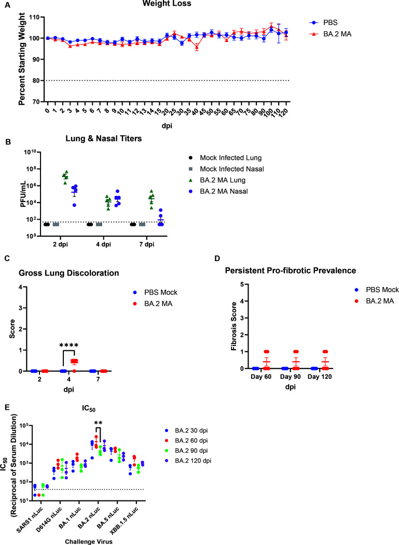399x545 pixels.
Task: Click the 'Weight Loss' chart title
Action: [167, 4]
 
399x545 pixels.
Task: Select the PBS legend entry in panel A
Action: [323, 23]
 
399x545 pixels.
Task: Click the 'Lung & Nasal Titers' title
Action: [103, 138]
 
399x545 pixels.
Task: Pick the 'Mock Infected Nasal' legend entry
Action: [226, 169]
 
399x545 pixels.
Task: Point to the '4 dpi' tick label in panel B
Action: [103, 245]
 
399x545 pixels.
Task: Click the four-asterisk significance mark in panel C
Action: [68, 345]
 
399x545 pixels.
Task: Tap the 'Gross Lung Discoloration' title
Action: [68, 273]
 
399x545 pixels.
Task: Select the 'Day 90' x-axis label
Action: [290, 377]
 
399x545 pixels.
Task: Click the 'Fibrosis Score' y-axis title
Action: [235, 326]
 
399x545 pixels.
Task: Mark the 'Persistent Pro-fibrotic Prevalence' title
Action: [291, 270]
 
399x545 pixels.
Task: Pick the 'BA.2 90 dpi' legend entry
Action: [187, 451]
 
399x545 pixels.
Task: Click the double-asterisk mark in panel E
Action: [98, 423]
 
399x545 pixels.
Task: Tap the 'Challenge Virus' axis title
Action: [89, 541]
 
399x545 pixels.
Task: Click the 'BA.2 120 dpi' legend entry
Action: [189, 461]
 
